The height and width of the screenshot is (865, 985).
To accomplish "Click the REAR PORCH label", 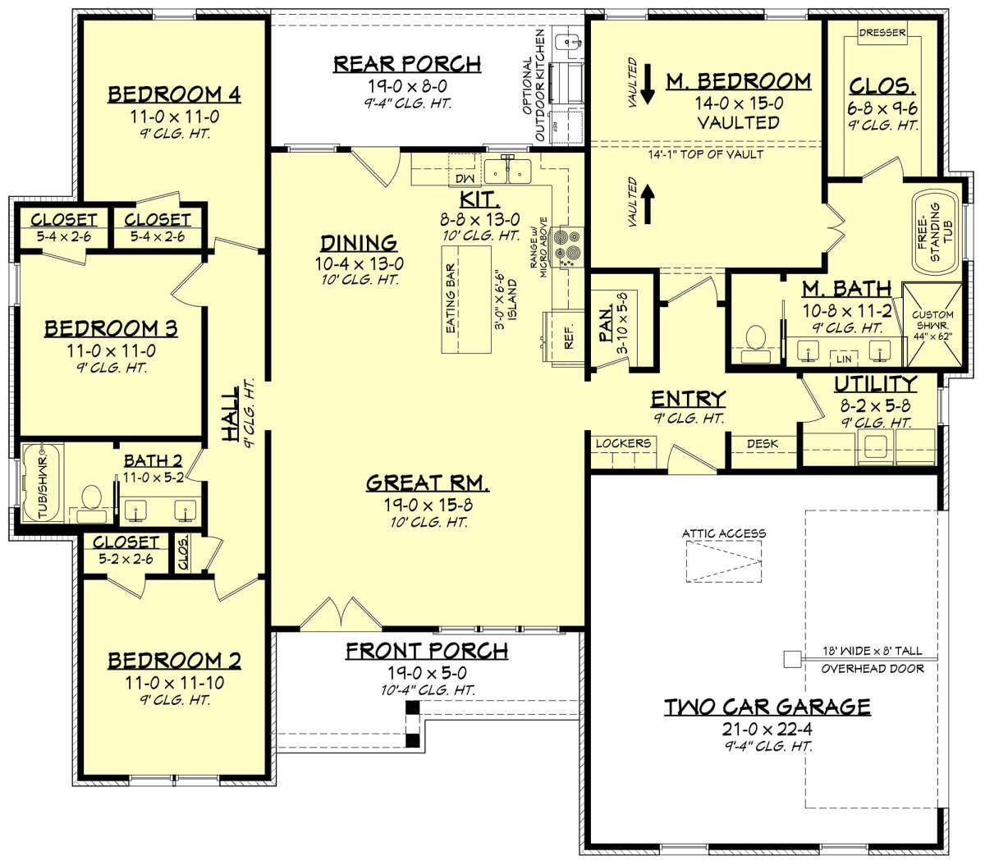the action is click(407, 64).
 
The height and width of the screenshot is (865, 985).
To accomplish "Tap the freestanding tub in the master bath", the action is click(934, 233).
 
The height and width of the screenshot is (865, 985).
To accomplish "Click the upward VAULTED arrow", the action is click(648, 206).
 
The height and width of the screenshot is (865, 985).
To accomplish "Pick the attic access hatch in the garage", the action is click(723, 561).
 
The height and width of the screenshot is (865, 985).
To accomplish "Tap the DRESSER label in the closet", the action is click(882, 33).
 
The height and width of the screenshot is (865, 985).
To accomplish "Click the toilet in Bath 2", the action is click(91, 501).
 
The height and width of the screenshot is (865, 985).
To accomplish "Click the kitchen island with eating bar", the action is click(465, 300).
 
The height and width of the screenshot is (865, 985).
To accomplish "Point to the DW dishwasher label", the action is click(465, 178).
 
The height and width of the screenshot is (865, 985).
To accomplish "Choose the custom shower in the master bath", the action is click(932, 324).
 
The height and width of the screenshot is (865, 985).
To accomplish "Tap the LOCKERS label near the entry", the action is click(623, 443).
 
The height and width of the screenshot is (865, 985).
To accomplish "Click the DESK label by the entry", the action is click(763, 443).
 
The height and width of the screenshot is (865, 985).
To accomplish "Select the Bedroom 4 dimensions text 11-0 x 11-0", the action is click(174, 117).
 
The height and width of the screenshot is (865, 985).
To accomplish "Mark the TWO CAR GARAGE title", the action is click(767, 707).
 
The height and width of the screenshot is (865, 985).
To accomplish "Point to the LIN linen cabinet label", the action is click(844, 359).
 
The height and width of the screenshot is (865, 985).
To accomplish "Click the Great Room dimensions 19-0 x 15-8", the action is click(428, 505).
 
